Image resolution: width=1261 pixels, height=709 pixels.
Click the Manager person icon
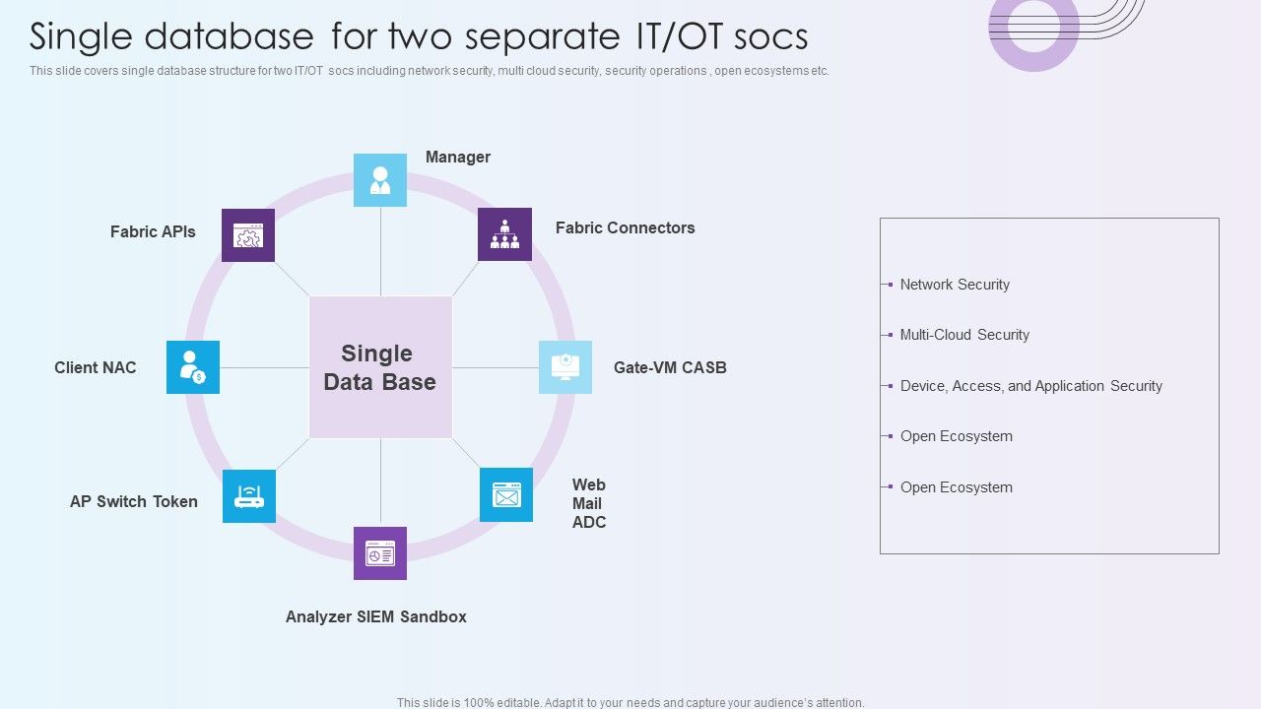[380, 180]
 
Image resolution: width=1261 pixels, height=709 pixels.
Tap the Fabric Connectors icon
[504, 234]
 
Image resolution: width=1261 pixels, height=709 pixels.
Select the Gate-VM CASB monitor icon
[565, 367]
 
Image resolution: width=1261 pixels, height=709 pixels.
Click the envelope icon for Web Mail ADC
[506, 494]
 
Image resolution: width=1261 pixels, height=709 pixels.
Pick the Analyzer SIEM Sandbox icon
[380, 553]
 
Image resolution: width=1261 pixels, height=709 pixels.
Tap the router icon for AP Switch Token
[249, 496]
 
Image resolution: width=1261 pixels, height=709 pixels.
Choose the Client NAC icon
[193, 367]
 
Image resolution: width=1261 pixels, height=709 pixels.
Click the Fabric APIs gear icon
[248, 235]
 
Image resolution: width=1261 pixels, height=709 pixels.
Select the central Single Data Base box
[380, 367]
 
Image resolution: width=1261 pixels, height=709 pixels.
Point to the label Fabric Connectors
[625, 227]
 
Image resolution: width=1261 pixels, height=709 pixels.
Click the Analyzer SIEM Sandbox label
[375, 616]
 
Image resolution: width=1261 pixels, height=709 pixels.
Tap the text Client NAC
[96, 367]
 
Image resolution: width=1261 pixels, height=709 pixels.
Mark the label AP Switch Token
[134, 501]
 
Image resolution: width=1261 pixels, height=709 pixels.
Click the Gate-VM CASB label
[670, 367]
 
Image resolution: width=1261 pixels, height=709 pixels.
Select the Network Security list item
[955, 285]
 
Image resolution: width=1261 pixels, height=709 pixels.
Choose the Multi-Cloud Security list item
[964, 335]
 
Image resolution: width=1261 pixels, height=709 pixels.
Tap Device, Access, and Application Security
[1030, 386]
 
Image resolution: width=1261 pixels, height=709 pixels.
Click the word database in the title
[229, 36]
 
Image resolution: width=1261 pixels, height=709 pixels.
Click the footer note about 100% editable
[630, 702]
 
